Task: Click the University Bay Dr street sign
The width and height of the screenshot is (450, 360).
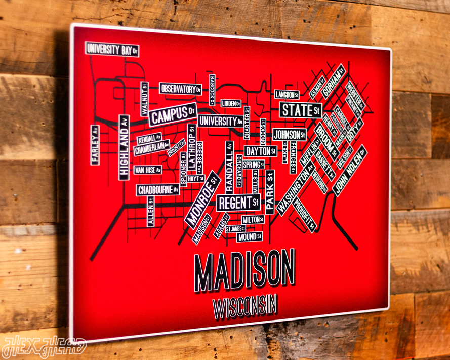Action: click(x=112, y=49)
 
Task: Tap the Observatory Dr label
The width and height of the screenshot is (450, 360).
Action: click(x=181, y=89)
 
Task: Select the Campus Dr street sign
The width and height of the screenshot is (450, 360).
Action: click(x=173, y=115)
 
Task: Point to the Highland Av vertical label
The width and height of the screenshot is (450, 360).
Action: click(x=124, y=147)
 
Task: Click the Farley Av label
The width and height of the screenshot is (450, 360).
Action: click(x=95, y=145)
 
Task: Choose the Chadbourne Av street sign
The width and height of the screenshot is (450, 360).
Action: click(x=158, y=190)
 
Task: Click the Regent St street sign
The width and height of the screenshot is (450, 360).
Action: click(x=238, y=203)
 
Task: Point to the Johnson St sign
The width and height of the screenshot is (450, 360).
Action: click(x=289, y=135)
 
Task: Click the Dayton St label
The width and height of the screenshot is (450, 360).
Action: click(x=260, y=151)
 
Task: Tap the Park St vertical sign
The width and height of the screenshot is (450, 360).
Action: click(x=270, y=191)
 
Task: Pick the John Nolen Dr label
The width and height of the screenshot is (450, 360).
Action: click(x=350, y=170)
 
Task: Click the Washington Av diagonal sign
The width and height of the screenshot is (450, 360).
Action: click(x=296, y=188)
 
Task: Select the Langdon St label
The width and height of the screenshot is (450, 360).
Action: click(x=287, y=94)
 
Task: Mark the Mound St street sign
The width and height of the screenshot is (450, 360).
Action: click(x=249, y=236)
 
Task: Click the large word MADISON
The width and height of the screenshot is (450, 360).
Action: click(x=244, y=270)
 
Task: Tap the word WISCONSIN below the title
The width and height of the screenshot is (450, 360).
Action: click(x=245, y=306)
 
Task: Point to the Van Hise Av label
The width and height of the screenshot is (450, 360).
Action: click(x=148, y=170)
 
